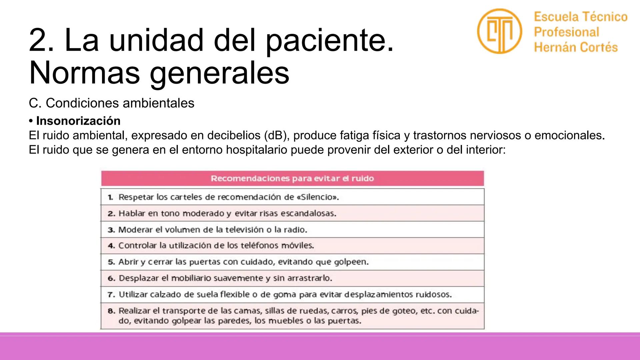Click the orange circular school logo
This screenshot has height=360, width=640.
click(x=499, y=31)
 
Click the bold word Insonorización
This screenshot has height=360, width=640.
click(x=78, y=121)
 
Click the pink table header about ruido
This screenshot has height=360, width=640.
click(x=292, y=178)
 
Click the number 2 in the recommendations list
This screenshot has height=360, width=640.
click(x=111, y=213)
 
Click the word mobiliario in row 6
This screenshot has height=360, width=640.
click(x=191, y=278)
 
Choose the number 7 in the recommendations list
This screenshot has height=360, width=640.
click(x=111, y=295)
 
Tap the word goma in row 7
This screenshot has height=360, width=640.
click(x=285, y=295)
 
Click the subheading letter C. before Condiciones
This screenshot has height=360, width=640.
click(x=35, y=103)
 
